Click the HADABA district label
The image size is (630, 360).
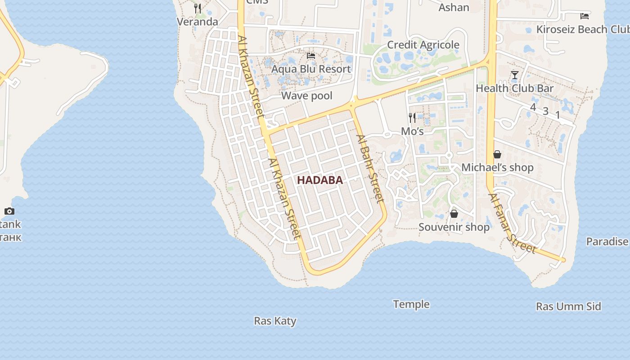tap(320, 180)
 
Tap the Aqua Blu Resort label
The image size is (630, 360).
tap(311, 69)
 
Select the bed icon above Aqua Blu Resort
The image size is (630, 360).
tap(311, 56)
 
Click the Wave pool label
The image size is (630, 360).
tap(307, 95)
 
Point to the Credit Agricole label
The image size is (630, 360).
tap(423, 45)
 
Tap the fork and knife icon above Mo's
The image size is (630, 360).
tap(412, 118)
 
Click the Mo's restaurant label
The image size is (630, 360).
tap(412, 131)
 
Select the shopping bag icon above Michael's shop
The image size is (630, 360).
tap(497, 154)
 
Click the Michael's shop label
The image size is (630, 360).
tap(497, 167)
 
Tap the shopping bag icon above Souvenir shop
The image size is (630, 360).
tap(454, 214)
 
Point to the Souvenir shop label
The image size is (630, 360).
tap(454, 227)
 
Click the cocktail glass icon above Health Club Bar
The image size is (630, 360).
tap(515, 75)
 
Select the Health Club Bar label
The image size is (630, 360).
tap(515, 88)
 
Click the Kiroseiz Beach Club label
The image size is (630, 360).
tap(583, 29)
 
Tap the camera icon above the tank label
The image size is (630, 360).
tap(9, 211)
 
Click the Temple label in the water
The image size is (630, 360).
tap(411, 304)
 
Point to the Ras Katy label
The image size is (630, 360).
tap(275, 321)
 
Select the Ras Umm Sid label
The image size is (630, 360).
tap(568, 306)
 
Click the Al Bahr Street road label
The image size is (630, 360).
tap(371, 169)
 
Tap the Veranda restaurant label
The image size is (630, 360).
tap(197, 22)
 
